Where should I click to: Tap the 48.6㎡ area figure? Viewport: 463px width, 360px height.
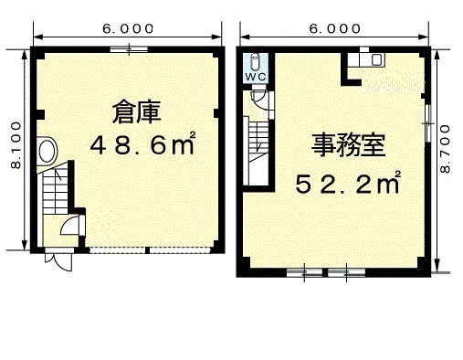[141, 144]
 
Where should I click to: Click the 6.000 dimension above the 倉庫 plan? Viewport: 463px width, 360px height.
[128, 28]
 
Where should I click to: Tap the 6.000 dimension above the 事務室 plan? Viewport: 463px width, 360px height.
[334, 28]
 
